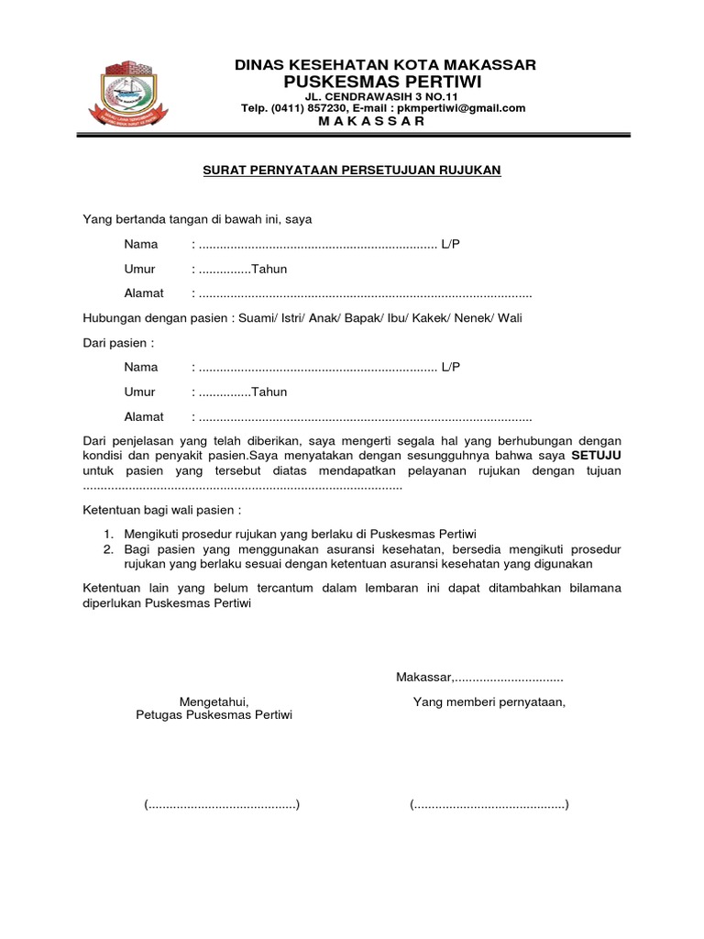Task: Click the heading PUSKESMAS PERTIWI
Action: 384,82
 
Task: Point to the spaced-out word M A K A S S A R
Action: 384,122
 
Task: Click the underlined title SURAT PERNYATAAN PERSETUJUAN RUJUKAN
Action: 351,170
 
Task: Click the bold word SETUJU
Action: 596,455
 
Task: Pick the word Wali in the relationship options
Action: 510,318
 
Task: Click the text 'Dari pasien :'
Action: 118,343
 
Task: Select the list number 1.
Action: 107,534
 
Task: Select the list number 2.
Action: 107,549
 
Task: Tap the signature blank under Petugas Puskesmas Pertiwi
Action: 223,805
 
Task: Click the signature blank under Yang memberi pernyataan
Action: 489,805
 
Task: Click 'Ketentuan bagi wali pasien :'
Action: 162,509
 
